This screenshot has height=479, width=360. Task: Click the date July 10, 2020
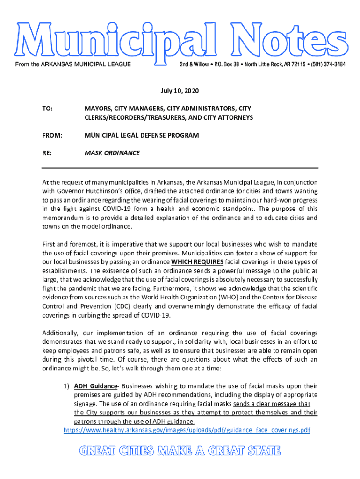coord(180,90)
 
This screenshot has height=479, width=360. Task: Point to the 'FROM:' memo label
coord(52,135)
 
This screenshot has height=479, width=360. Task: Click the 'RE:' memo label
coord(47,153)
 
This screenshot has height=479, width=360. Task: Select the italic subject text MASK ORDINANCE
coord(112,153)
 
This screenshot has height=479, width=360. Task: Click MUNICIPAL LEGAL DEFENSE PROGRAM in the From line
coord(142,135)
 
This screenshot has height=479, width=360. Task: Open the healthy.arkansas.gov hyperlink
coord(187,430)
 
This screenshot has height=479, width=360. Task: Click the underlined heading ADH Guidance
coord(95,386)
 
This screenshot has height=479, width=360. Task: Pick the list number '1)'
coord(66,386)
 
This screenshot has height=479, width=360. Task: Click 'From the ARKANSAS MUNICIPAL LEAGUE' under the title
coord(73,64)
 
